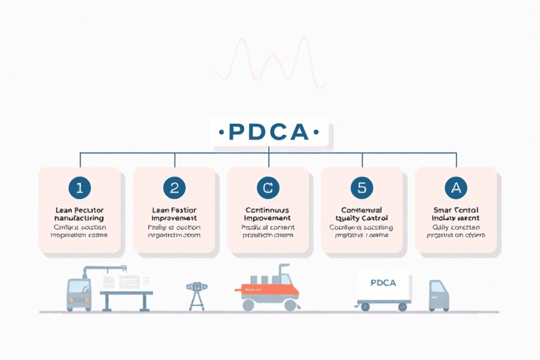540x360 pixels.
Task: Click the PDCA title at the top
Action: [x=271, y=131]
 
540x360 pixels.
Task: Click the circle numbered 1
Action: [x=79, y=187]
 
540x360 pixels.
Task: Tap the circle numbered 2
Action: [x=174, y=187]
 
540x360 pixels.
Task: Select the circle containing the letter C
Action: [x=268, y=187]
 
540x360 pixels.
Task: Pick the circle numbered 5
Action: [x=361, y=187]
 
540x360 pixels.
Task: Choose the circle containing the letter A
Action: [x=456, y=187]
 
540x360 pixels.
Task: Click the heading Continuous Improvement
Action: [x=268, y=214]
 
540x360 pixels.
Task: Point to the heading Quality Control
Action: [x=361, y=214]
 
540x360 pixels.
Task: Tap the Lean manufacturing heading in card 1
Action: [x=79, y=214]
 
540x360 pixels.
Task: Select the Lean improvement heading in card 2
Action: [x=174, y=214]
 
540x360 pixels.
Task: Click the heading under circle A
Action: [x=456, y=214]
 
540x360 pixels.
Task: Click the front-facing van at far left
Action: [x=78, y=294]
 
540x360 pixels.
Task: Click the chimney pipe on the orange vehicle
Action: [x=285, y=273]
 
